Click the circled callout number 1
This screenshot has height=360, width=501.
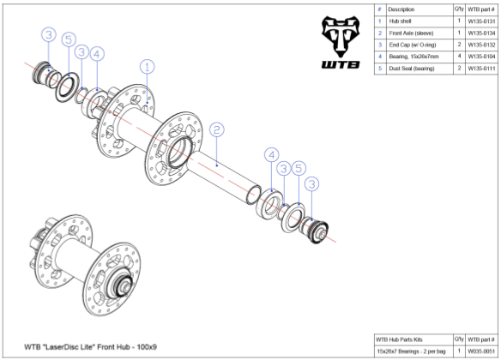[148, 67]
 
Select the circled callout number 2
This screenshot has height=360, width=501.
[217, 130]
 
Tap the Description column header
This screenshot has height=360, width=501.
[401, 9]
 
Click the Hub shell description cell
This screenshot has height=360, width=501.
[400, 20]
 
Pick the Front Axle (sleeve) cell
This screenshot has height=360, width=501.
[412, 32]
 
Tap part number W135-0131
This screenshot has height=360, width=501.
[480, 20]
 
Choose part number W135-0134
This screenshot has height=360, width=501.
[480, 32]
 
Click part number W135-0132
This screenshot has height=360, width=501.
[480, 44]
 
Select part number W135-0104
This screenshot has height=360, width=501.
[480, 56]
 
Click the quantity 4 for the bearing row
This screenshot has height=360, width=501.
[459, 56]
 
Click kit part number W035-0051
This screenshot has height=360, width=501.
[480, 351]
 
